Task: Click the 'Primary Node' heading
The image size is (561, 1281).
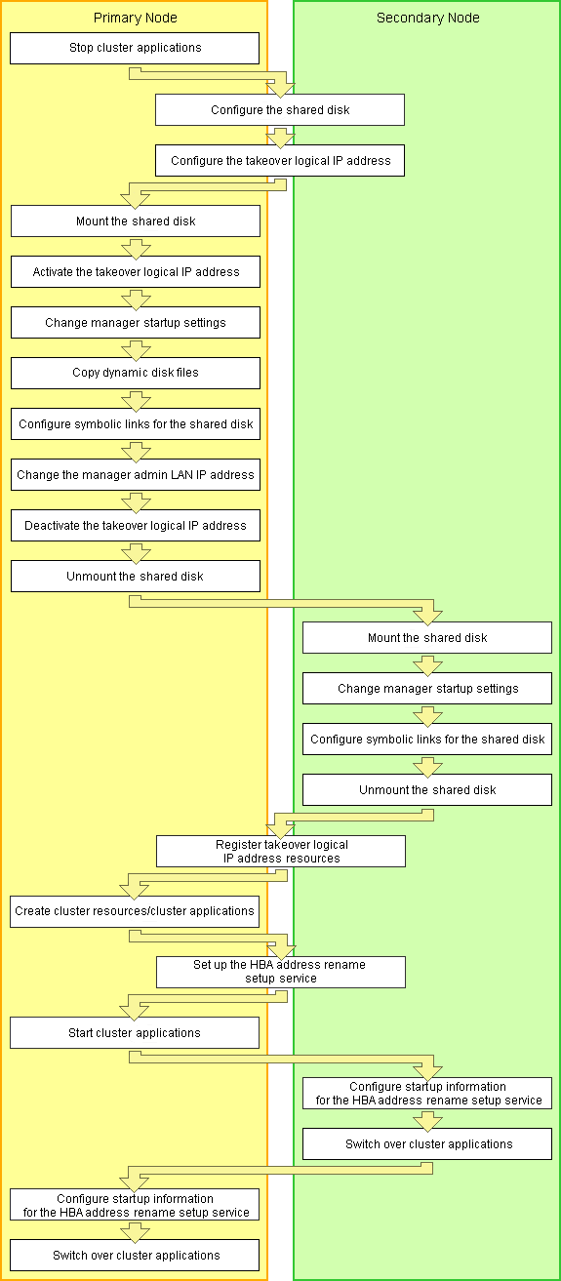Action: click(x=135, y=18)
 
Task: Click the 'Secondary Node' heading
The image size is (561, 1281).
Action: click(x=427, y=18)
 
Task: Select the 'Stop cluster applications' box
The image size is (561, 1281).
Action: click(x=135, y=48)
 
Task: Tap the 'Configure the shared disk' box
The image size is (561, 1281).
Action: click(x=280, y=110)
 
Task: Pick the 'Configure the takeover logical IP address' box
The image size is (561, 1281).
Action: click(x=280, y=161)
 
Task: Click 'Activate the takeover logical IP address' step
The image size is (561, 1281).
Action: click(x=136, y=271)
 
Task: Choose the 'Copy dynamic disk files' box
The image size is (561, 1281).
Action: click(x=136, y=373)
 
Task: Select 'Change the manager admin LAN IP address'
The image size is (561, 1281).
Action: click(x=136, y=475)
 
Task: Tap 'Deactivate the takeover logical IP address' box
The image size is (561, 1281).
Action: click(x=136, y=526)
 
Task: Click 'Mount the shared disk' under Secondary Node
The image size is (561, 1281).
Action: click(x=427, y=638)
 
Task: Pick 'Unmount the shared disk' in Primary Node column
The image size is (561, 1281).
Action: click(x=136, y=576)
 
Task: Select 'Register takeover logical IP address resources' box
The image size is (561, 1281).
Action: click(x=281, y=852)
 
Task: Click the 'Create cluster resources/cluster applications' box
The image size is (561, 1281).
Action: click(x=135, y=911)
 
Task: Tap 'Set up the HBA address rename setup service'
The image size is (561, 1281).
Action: click(x=281, y=972)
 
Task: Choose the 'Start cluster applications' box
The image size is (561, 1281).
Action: click(x=135, y=1033)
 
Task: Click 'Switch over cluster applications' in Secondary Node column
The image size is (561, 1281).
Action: click(x=427, y=1143)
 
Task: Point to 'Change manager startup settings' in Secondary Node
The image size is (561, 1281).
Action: click(x=427, y=688)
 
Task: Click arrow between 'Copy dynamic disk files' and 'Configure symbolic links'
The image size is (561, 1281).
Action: click(x=137, y=401)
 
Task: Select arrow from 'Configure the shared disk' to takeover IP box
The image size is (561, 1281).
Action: click(x=280, y=138)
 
